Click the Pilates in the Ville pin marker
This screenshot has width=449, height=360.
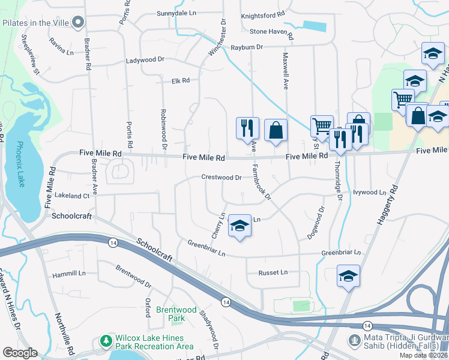click(77, 23)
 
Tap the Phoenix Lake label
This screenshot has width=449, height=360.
click(20, 164)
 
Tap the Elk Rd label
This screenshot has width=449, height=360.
click(180, 80)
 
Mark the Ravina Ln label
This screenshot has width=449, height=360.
click(61, 52)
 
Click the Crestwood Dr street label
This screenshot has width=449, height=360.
click(221, 178)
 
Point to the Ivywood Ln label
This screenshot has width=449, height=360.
click(369, 193)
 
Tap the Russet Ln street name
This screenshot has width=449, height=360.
click(273, 272)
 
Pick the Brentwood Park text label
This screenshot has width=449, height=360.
click(176, 314)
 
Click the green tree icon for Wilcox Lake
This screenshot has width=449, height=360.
click(106, 341)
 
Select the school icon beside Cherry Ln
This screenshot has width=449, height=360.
click(240, 226)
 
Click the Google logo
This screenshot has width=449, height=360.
click(20, 352)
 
